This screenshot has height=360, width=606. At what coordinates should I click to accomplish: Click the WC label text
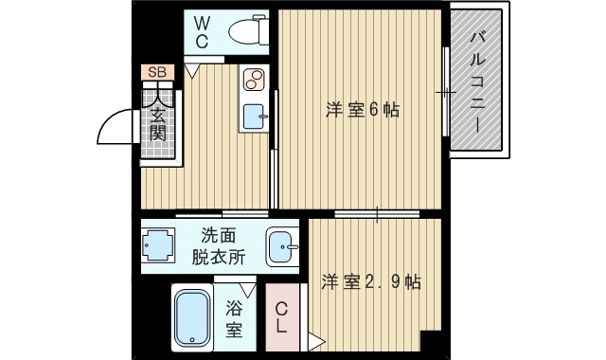(x=203, y=31)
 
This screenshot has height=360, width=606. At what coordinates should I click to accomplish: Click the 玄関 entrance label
(x=157, y=123)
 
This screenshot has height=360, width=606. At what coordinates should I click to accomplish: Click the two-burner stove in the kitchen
(x=254, y=81)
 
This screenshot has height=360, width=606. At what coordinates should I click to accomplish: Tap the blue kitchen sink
(x=253, y=117)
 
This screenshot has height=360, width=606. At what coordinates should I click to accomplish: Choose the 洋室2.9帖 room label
(x=370, y=281)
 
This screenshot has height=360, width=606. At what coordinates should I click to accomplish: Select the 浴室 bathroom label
(x=234, y=319)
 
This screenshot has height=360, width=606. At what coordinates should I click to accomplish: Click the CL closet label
(x=282, y=317)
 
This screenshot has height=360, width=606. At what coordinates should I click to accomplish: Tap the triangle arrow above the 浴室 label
(x=248, y=290)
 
